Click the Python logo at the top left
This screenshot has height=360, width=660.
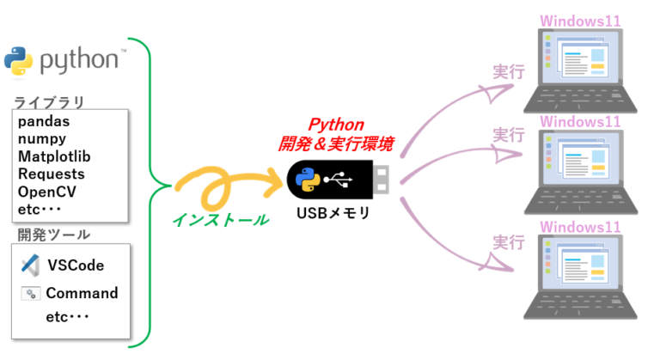pos(19,59)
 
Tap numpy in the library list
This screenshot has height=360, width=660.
pos(42,139)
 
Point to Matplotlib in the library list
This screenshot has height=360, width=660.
pos(54,156)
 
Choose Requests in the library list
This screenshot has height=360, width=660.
pos(51,174)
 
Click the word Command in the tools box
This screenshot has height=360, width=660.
pos(82,293)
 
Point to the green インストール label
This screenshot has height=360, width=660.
pos(220,219)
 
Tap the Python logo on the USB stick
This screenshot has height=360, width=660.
pos(306,180)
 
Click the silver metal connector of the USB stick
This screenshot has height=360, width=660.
pos(384,179)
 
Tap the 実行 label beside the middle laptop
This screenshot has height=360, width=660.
pos(508,135)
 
